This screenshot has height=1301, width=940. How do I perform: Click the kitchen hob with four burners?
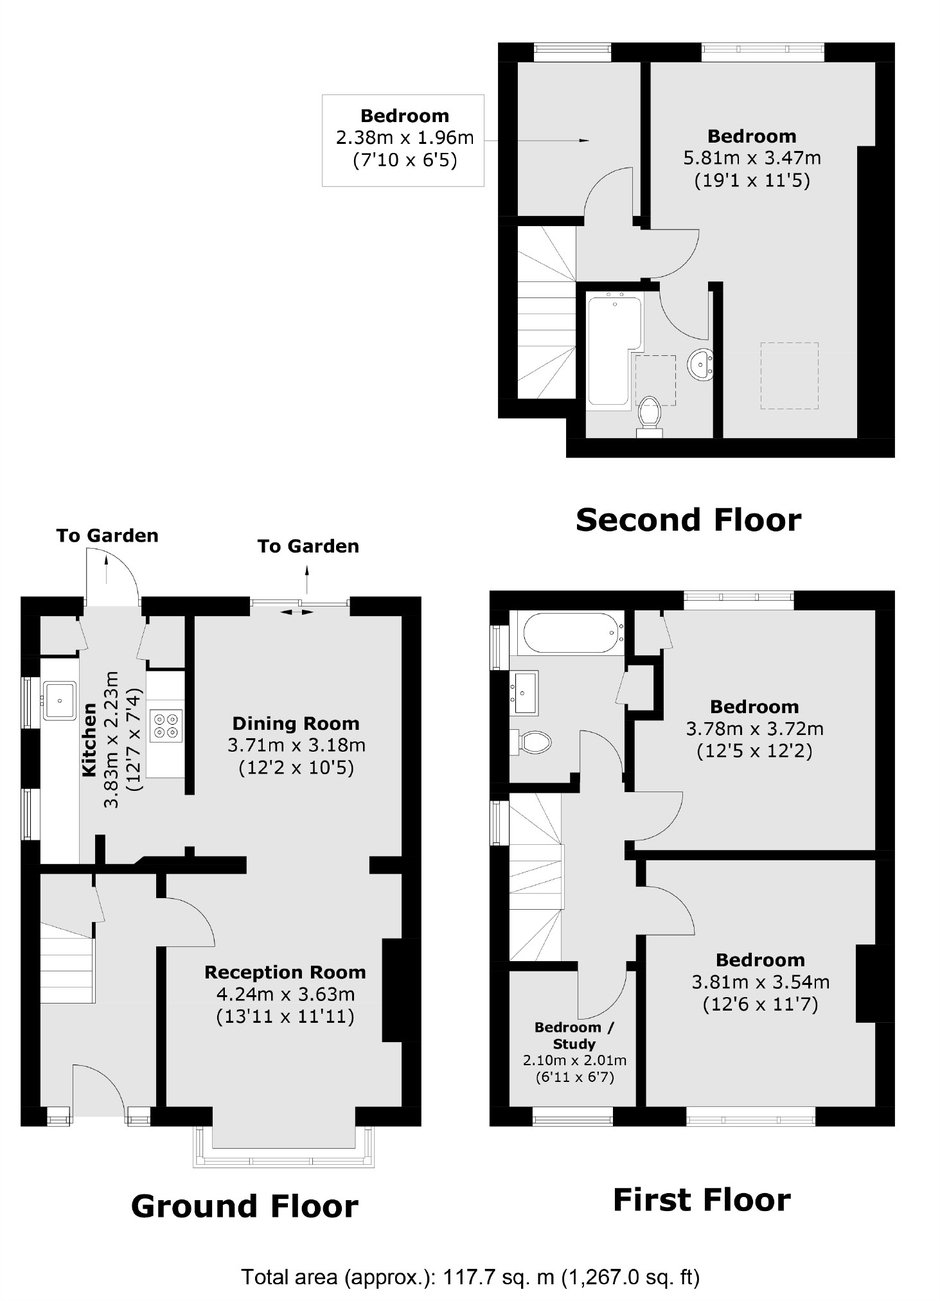tap(166, 726)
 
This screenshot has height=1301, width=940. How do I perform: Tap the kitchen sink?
tap(60, 700)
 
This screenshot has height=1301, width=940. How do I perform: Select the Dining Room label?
tap(296, 723)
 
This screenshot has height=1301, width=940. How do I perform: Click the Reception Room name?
tap(285, 972)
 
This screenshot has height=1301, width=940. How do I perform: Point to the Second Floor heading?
tap(688, 519)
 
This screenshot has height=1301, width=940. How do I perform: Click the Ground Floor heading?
tap(245, 1206)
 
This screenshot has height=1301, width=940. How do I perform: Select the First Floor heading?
tap(702, 1199)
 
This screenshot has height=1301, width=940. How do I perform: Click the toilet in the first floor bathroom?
tap(531, 742)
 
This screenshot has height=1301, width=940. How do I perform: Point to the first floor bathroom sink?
tap(524, 692)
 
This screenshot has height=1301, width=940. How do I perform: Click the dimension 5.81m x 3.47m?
tap(752, 157)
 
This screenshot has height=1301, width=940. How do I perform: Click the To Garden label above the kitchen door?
tap(107, 535)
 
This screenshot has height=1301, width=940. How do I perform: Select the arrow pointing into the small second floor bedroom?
tap(537, 141)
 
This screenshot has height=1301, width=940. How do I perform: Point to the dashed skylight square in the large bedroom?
tap(790, 375)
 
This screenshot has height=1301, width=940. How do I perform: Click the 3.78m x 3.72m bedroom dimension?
tap(755, 728)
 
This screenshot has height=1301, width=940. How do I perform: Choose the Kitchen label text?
tap(89, 739)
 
